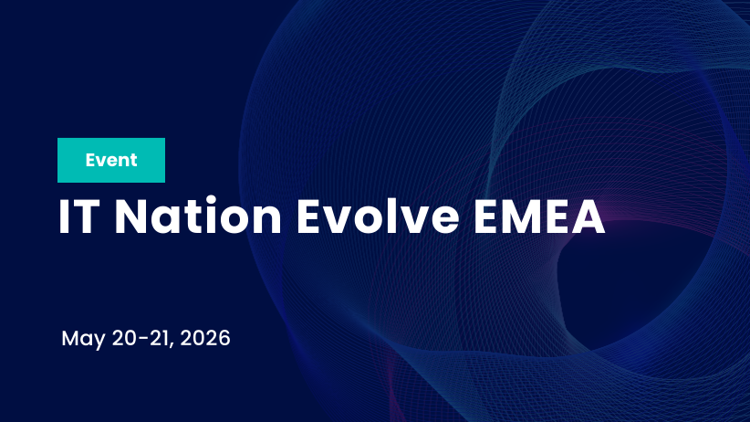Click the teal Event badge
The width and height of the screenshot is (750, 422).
coord(110,161)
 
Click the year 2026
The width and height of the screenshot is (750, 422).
coord(205,338)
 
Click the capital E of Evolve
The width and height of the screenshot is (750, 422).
coord(313,217)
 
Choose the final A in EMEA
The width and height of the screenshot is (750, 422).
coord(589,217)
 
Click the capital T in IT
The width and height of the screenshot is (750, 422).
coord(89,217)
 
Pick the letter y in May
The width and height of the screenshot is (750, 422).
coord(100,342)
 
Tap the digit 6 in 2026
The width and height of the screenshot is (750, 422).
coord(224,338)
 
